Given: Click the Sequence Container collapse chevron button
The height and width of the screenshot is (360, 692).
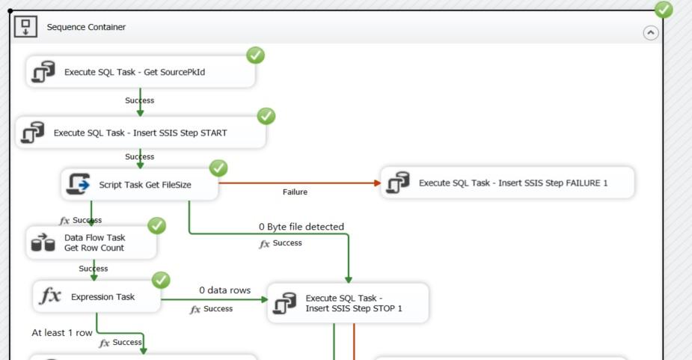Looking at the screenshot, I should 651,33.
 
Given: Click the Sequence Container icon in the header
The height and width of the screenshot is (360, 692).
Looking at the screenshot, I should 25,27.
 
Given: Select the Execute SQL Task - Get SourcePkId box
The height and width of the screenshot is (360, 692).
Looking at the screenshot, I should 141,73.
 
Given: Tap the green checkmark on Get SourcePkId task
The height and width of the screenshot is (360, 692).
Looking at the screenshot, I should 255,55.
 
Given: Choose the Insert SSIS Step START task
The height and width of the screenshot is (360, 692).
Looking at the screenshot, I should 141,133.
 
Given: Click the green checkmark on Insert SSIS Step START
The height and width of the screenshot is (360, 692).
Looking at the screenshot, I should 266,116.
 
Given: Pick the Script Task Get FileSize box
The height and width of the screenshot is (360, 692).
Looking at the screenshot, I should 139,184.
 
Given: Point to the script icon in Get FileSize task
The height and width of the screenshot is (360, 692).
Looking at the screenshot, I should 79,184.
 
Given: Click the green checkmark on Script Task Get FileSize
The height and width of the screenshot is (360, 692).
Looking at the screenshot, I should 218,168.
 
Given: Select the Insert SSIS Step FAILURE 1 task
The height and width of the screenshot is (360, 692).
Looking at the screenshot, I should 507,183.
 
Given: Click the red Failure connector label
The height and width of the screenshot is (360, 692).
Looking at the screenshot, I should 295,192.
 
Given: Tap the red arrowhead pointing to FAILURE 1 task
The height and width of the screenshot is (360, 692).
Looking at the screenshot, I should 376,183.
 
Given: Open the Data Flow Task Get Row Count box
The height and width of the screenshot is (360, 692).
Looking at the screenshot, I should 91,242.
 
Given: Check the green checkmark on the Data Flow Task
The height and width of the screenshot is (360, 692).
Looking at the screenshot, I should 157,225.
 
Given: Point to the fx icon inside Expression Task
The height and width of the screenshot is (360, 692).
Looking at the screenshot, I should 50,296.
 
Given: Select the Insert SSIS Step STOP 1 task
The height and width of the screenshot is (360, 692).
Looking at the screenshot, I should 348,303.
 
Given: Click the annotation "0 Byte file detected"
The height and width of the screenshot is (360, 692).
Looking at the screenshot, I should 301,227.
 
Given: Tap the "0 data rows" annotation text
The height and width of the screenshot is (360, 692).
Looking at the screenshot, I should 224,290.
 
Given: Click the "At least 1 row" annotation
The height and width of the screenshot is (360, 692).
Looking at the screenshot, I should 62,332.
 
